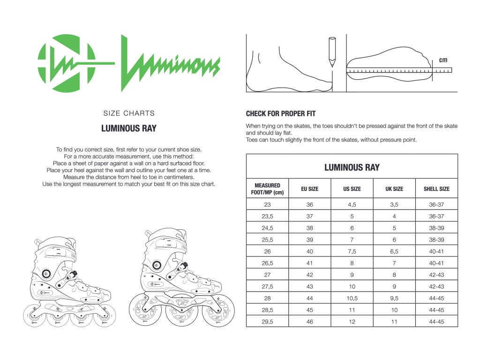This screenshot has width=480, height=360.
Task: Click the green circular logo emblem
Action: (x=67, y=63)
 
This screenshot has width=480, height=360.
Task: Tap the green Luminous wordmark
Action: (x=169, y=63)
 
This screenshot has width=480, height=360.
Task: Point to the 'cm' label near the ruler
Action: (x=443, y=60)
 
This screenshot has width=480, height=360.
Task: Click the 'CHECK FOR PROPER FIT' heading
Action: (x=281, y=113)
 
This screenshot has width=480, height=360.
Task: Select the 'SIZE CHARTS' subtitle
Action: (x=129, y=113)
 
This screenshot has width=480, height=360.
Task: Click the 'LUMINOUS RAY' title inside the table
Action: (x=352, y=167)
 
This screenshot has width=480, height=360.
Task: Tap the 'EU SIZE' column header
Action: (x=309, y=189)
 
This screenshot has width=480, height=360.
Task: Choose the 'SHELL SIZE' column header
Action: (x=436, y=189)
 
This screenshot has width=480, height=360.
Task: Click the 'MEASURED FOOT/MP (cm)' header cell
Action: (x=267, y=189)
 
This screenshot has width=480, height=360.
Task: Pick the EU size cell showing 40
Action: (x=309, y=251)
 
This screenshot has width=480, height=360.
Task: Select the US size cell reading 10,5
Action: (x=352, y=298)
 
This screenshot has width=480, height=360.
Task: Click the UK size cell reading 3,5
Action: (x=394, y=204)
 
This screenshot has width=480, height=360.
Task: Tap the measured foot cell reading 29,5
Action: (x=267, y=322)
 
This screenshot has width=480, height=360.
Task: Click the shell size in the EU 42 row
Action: (x=436, y=275)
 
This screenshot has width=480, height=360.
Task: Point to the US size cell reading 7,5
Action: (x=352, y=251)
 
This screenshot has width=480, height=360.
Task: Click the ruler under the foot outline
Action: (x=398, y=70)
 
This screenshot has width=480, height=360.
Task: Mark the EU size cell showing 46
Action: (x=309, y=322)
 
